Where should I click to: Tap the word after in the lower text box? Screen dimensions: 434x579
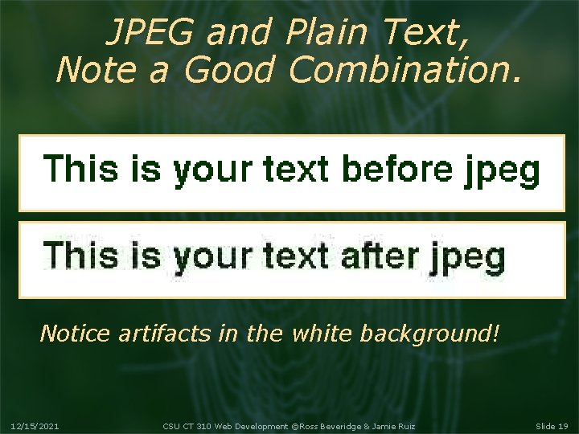(x=380, y=256)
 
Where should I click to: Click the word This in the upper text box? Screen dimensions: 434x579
(x=80, y=170)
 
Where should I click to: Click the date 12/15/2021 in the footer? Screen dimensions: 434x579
(x=35, y=425)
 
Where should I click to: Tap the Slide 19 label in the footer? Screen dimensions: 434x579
(x=552, y=425)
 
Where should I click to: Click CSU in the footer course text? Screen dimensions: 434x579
(x=170, y=425)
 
